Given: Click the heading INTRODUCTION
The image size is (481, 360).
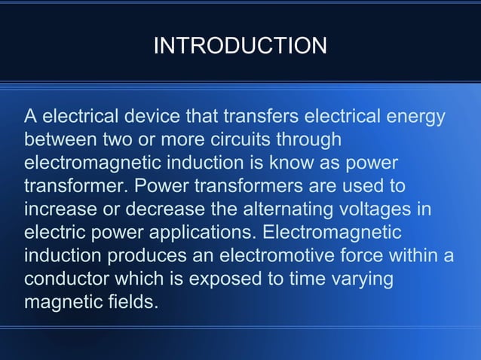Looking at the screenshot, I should click(x=240, y=47).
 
